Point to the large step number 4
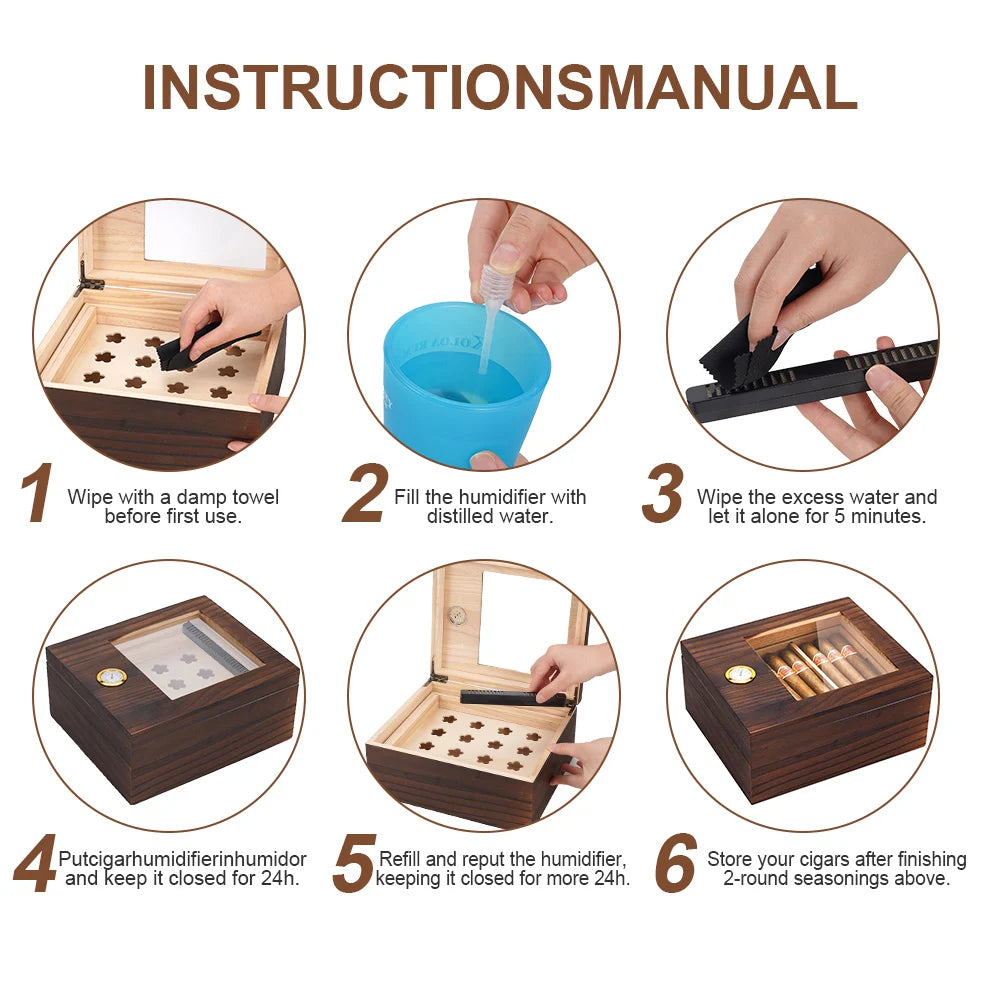(35, 865)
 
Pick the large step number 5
(354, 865)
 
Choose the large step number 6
(677, 865)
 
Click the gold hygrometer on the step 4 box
(111, 677)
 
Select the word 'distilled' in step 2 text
(461, 516)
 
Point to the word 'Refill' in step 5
(402, 859)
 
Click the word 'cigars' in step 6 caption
(816, 859)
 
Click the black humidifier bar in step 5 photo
(510, 697)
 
